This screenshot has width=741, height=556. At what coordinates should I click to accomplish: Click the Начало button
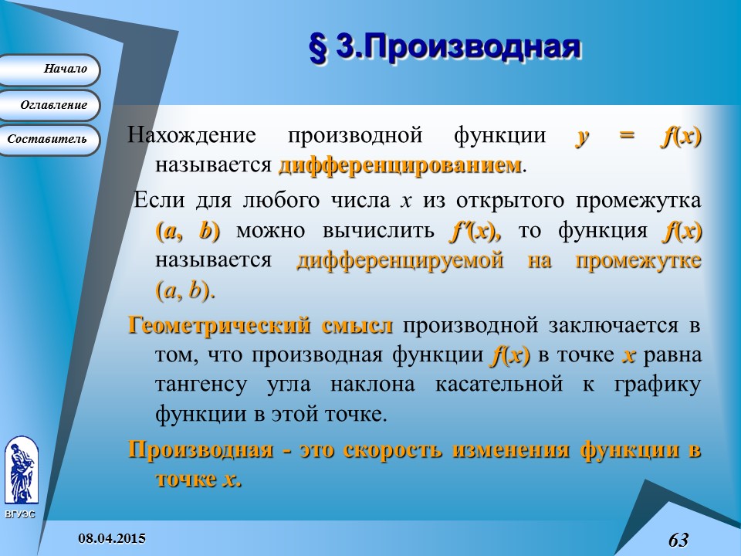pyautogui.click(x=50, y=69)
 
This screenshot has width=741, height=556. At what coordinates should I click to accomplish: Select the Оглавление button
pyautogui.click(x=51, y=105)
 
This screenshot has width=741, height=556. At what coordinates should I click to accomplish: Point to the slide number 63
pyautogui.click(x=678, y=539)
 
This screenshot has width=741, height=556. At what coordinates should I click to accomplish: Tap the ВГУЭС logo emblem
pyautogui.click(x=21, y=470)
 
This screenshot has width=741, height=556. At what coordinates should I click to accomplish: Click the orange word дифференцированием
pyautogui.click(x=400, y=165)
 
